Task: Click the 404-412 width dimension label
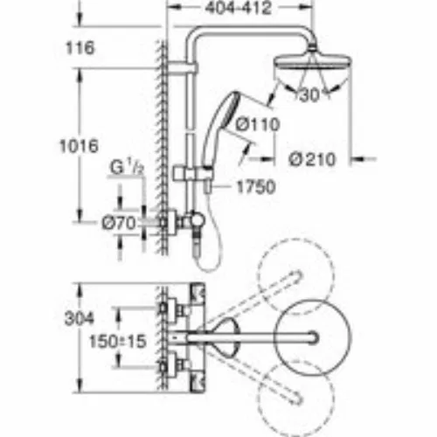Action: coord(238,8)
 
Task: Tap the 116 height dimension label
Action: coord(80,48)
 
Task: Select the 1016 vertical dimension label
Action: coord(79,146)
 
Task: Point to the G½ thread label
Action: coord(127,168)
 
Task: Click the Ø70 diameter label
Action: coord(119,223)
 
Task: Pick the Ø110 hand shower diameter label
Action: coord(258,124)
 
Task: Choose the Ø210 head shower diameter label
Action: coord(312,159)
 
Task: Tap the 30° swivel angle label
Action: coord(310,95)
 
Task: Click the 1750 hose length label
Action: coord(256,187)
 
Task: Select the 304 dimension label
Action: coord(80,318)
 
